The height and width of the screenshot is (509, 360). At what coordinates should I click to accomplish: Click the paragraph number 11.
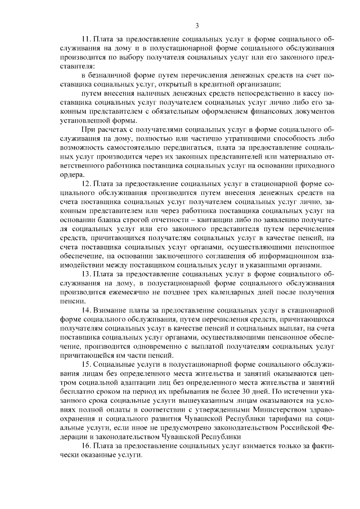[86, 40]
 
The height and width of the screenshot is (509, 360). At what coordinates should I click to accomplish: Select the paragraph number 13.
[86, 274]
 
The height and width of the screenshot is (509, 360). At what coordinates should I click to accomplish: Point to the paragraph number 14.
[86, 310]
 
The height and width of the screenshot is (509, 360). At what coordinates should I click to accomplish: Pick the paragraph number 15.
[86, 364]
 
